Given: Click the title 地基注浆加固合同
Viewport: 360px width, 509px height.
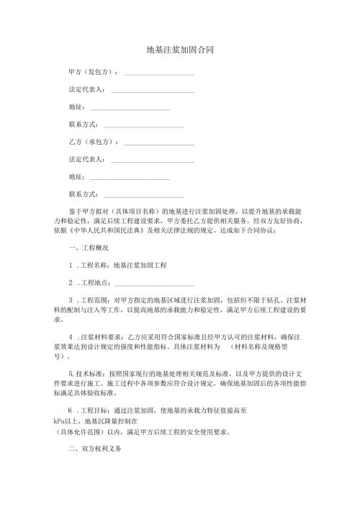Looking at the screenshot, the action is coord(179,50).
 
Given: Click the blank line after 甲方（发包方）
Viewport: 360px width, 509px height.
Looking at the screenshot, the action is coord(159,73).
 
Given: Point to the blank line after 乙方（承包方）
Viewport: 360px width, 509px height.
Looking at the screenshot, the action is coord(159,143).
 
